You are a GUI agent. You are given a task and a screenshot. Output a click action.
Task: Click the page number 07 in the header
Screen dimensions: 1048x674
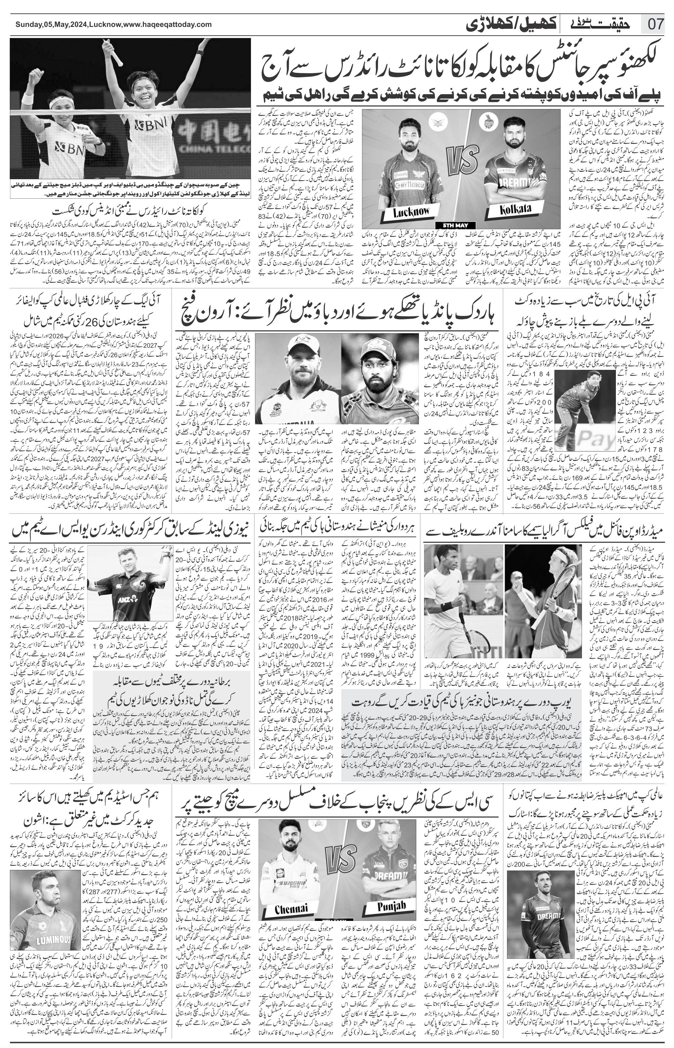point(656,24)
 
